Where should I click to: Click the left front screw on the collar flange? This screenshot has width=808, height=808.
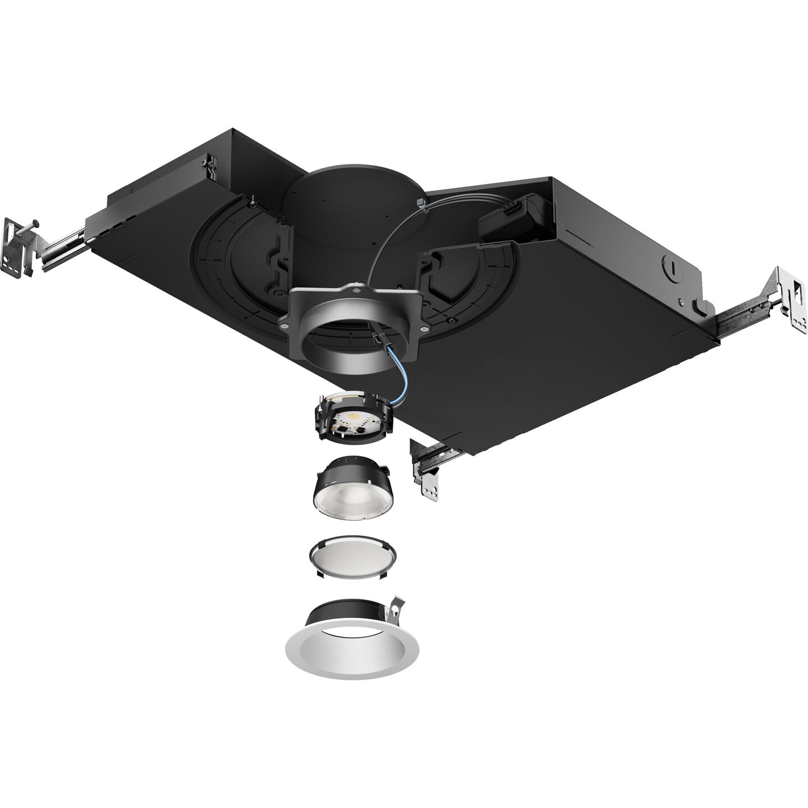click(x=284, y=324)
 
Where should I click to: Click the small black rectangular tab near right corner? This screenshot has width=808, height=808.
click(x=701, y=306)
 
